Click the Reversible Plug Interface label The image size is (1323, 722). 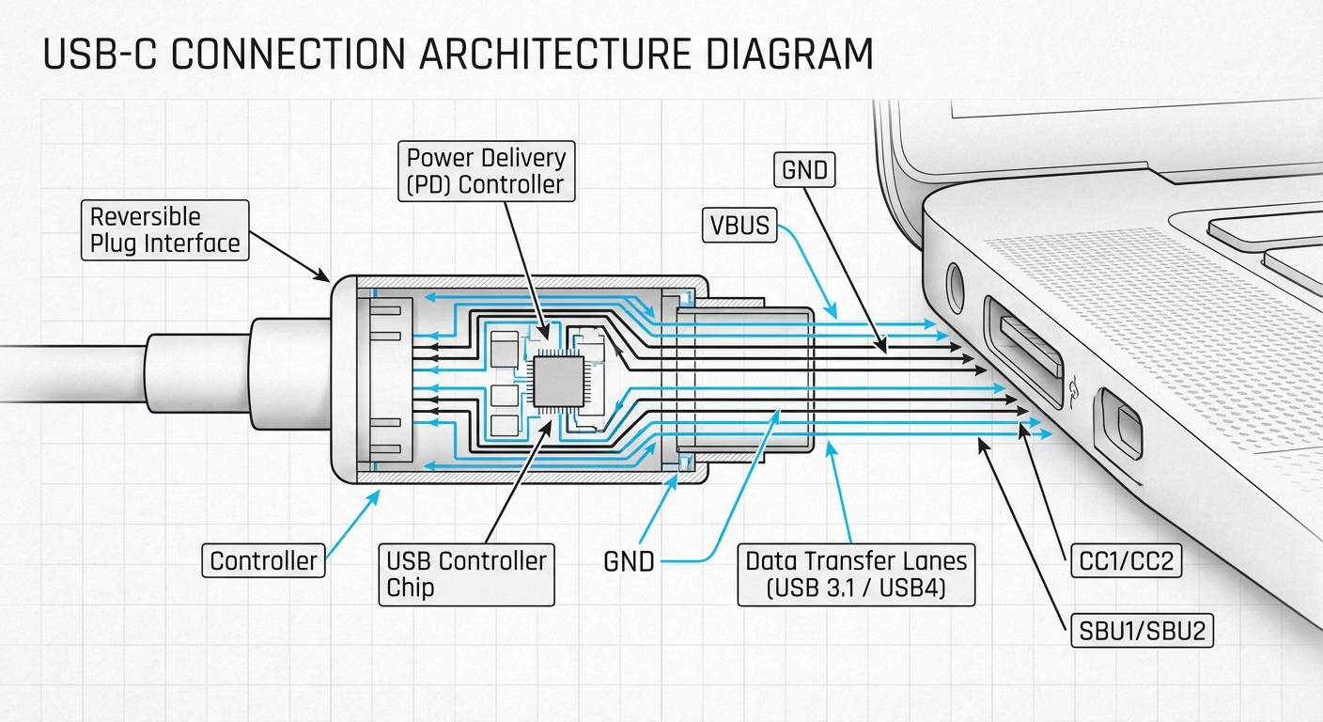pos(164,230)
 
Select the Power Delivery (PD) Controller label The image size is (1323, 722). pos(486,169)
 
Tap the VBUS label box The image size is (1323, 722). pos(740,226)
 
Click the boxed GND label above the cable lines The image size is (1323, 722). pos(804,170)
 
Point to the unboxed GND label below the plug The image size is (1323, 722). pos(629,561)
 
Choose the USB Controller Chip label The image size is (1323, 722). pos(466,574)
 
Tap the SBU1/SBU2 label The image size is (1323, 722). pos(1141,632)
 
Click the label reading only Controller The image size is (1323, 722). pos(264,561)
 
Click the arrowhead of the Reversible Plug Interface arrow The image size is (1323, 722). pos(325,278)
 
